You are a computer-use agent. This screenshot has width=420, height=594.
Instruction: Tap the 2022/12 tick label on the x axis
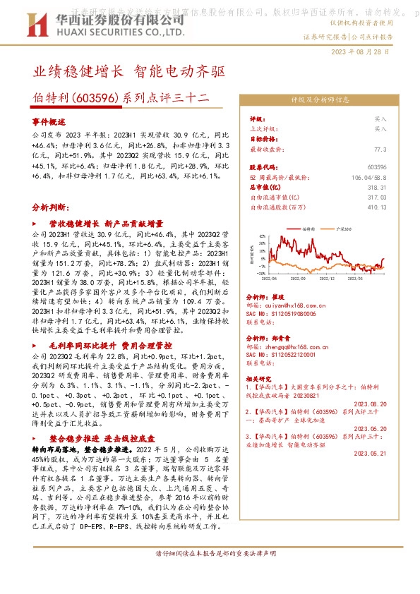click(326, 279)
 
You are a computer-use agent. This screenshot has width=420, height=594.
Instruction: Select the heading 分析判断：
click(51, 208)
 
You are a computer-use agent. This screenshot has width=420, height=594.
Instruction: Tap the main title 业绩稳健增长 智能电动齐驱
click(130, 71)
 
